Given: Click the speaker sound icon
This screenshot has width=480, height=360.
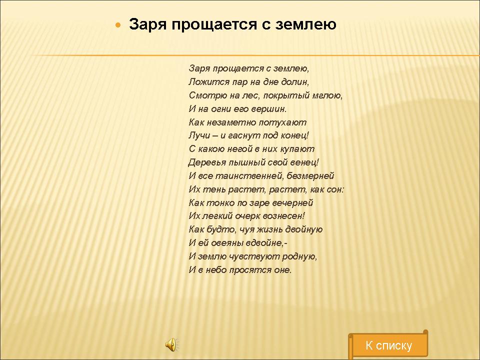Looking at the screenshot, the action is point(172,344).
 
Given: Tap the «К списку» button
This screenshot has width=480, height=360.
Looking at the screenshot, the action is point(388,345).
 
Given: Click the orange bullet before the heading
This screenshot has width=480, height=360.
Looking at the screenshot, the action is point(118,25).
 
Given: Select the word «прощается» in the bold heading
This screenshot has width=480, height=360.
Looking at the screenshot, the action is point(214,24).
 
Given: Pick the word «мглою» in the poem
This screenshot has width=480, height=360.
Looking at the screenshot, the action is point(327,95).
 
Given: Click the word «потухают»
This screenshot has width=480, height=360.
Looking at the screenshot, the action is point(282,122).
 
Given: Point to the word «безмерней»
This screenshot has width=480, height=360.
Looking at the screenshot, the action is point(310,175).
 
